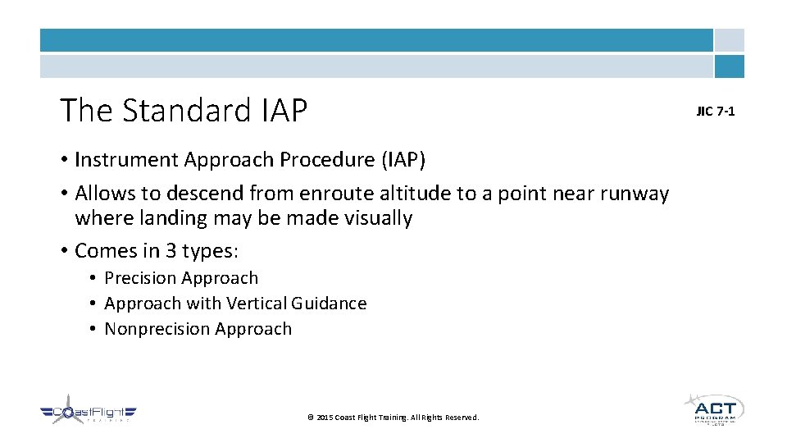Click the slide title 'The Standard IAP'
click(x=184, y=110)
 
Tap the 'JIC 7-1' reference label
click(x=716, y=111)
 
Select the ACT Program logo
click(x=713, y=409)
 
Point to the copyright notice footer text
click(x=393, y=418)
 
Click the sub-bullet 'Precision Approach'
click(x=181, y=278)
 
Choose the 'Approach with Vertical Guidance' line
click(x=235, y=304)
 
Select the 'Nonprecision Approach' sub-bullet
click(x=198, y=329)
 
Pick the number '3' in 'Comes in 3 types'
click(x=169, y=250)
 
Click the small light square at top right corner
click(x=729, y=40)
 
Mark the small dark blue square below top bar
click(x=729, y=66)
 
